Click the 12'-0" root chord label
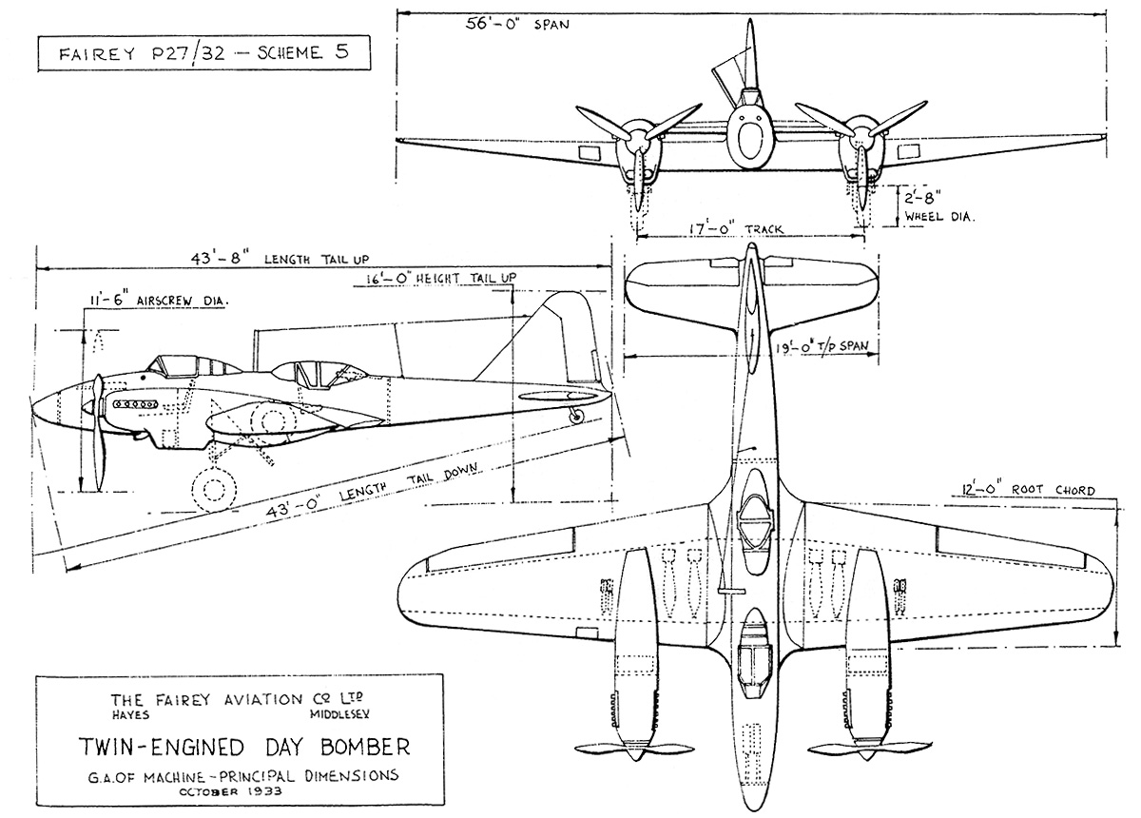click(x=1023, y=491)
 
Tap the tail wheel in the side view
click(x=574, y=415)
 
